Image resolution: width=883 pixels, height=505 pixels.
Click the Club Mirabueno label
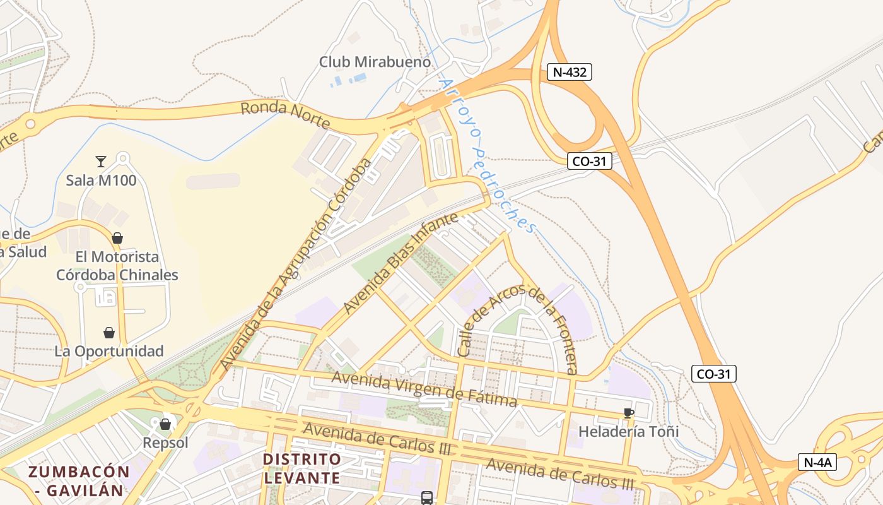375,62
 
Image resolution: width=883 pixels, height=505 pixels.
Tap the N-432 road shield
570,72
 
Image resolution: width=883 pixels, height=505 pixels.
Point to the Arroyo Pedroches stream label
486,155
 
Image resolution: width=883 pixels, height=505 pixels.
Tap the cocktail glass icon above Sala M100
101,161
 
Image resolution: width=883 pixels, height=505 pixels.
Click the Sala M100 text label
101,181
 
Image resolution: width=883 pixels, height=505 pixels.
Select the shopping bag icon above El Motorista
117,238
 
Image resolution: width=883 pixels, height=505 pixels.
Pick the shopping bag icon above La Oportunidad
109,333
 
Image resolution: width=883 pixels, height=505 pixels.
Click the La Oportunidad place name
109,351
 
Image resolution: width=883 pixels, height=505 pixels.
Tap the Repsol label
165,443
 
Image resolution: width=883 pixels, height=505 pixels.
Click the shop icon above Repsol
165,424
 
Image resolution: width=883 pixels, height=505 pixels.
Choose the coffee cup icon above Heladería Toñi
628,413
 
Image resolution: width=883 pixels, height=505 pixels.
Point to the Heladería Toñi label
628,432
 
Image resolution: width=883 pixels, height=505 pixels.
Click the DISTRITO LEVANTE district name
302,468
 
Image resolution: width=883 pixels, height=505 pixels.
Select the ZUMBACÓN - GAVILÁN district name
79,480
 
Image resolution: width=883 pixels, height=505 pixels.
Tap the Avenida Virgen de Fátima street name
424,389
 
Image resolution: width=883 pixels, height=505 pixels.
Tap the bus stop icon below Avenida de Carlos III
427,498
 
